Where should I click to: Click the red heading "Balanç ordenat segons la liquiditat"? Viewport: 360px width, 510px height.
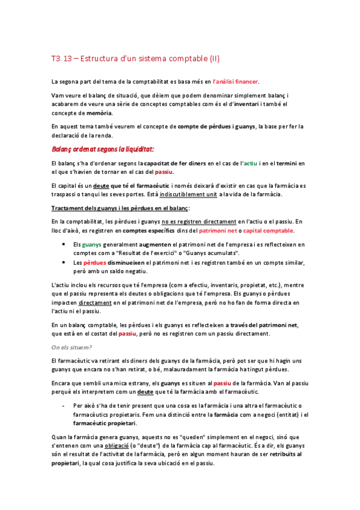pos(103,148)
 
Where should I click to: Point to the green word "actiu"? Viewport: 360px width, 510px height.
pos(251,163)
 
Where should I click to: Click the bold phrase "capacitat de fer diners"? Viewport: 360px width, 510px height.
pos(171,163)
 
